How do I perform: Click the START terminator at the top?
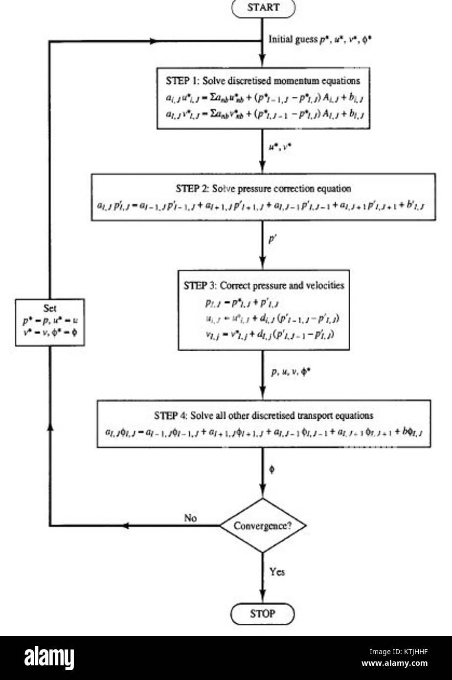[264, 7]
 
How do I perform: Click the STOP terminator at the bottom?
[263, 613]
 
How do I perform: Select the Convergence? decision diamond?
[263, 526]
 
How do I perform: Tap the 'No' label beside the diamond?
[190, 518]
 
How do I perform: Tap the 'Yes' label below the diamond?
[277, 571]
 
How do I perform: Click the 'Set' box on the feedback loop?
[50, 323]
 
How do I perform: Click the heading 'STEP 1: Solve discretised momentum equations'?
[263, 81]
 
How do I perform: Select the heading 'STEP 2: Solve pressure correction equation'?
[263, 188]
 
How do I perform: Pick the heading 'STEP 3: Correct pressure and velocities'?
[264, 285]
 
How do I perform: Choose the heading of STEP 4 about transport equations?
[264, 415]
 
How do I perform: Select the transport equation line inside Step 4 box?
[264, 432]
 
